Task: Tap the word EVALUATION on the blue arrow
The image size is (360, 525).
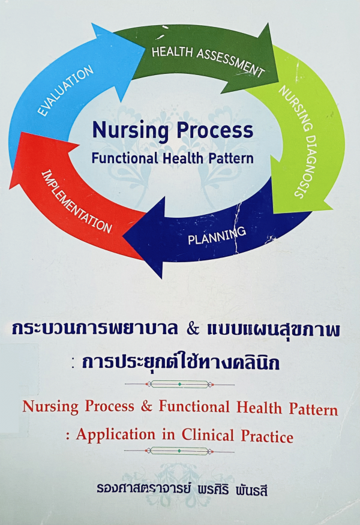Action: pyautogui.click(x=65, y=91)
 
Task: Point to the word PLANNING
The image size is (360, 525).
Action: pyautogui.click(x=217, y=235)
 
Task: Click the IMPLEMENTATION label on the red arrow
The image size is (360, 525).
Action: pyautogui.click(x=76, y=202)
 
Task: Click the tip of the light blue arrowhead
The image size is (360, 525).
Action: pyautogui.click(x=145, y=50)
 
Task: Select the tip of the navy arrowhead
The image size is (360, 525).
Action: pyautogui.click(x=123, y=236)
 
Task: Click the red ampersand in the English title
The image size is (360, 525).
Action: pyautogui.click(x=146, y=406)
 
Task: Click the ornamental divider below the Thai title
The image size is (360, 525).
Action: pyautogui.click(x=179, y=384)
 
